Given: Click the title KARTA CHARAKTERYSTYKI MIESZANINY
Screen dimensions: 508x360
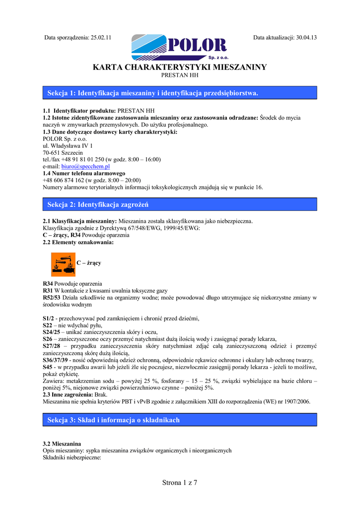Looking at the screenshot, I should (180, 67).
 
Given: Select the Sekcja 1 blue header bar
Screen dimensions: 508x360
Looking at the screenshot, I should (180, 93).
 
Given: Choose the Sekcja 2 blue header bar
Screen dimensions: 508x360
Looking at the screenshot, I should (180, 204).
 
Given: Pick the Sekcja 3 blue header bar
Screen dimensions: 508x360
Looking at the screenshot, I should (180, 420).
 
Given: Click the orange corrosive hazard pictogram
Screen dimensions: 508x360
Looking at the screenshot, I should (63, 264).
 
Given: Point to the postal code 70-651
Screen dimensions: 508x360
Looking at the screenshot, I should (53, 153).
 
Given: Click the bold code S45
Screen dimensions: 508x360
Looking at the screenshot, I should (48, 367).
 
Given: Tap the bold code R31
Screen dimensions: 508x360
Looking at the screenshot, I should (48, 291).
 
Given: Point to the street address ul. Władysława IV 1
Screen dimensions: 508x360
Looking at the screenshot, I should (68, 146).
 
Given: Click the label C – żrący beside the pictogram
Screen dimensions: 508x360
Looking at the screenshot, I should (89, 263).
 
